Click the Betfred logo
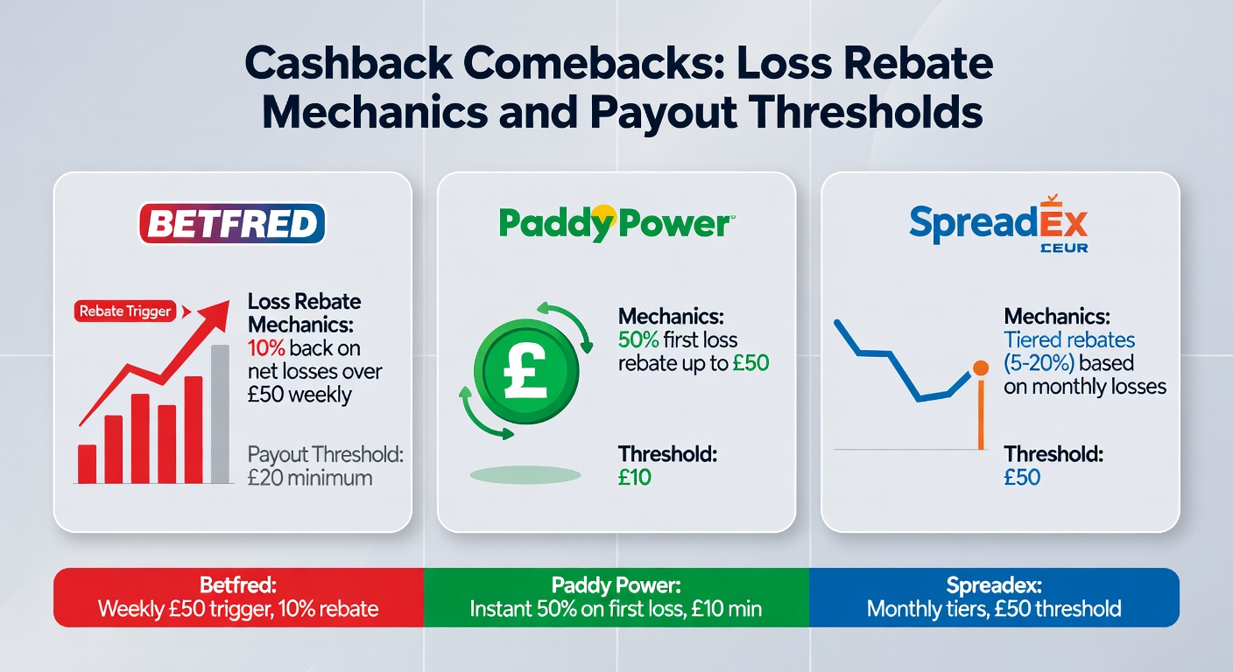coord(232,224)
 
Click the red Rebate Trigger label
coord(125,311)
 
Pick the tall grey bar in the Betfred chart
coord(221,414)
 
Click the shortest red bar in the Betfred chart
coord(87,464)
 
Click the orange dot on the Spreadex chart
coord(981,368)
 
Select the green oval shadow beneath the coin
coord(525,475)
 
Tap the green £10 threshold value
coord(635,478)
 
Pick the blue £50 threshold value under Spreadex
coord(1023,478)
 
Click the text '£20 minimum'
coord(310,478)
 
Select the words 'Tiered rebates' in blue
coord(1069,339)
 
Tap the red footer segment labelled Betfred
coord(238,597)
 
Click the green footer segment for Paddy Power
coord(616,597)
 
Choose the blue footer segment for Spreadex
coord(993,597)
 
